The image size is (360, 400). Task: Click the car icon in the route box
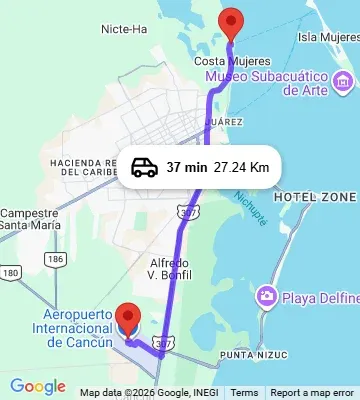click(x=144, y=167)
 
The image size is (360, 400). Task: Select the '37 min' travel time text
click(x=186, y=167)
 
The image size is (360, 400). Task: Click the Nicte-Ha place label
click(x=125, y=29)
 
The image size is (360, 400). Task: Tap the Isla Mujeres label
click(x=329, y=38)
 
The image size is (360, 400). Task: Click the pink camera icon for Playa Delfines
click(x=266, y=296)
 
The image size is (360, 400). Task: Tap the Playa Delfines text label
click(x=318, y=296)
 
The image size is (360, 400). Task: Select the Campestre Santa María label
click(x=29, y=219)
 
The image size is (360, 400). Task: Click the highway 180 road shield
click(x=11, y=272)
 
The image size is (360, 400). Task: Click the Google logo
click(x=37, y=387)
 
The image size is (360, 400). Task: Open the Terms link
click(x=244, y=393)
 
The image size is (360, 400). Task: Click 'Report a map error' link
click(x=312, y=393)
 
